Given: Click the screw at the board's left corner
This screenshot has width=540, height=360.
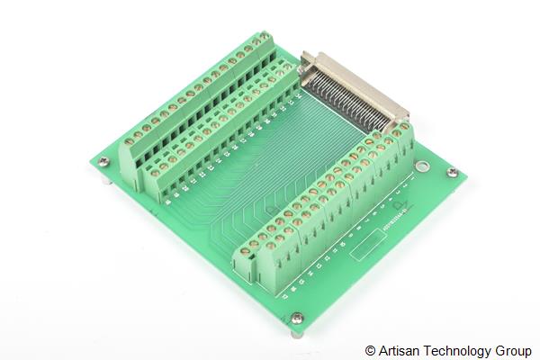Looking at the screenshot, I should click(x=104, y=162).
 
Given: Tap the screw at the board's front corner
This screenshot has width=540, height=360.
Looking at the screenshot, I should click(x=297, y=317).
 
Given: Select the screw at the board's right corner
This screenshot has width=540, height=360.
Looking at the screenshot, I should click(x=453, y=172).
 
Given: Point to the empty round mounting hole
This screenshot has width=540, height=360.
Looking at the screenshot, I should click(x=420, y=166).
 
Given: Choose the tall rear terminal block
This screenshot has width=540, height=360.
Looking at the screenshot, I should click(x=193, y=99).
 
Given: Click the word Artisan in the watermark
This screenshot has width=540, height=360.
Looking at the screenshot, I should click(x=400, y=350).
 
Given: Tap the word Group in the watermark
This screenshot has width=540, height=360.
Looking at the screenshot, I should click(x=513, y=350).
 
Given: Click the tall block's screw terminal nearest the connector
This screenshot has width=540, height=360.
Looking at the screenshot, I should click(x=266, y=38).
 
